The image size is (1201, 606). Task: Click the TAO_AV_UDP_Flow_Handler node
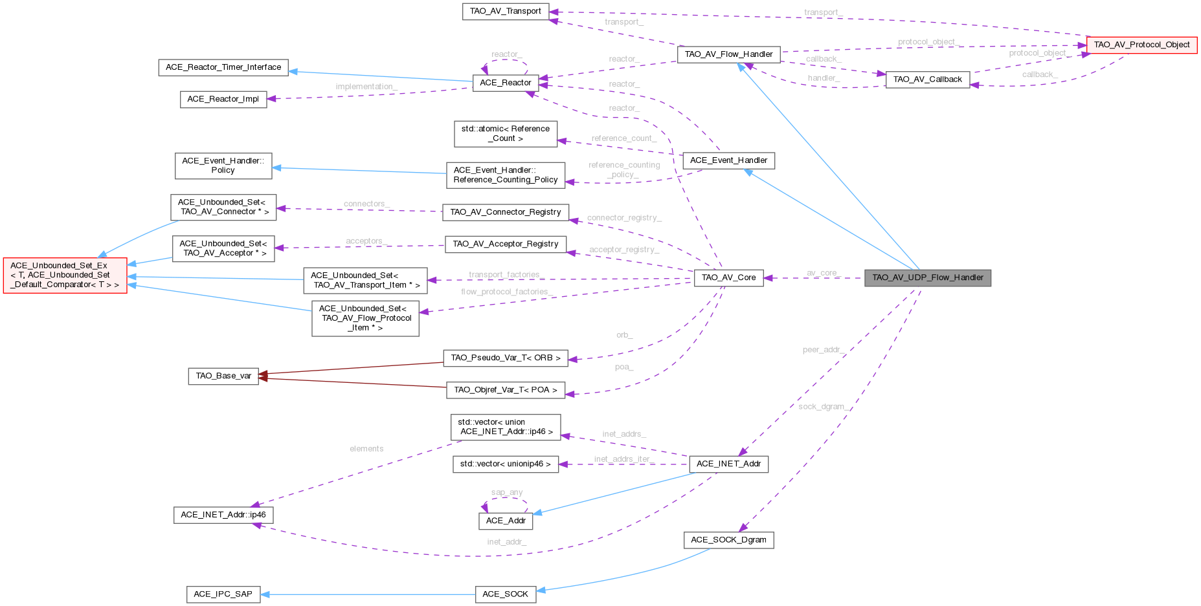tap(927, 278)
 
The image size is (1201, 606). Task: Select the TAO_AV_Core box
tap(728, 278)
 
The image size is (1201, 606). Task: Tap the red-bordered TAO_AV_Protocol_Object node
tap(1141, 45)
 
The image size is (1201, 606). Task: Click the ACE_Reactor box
tap(505, 83)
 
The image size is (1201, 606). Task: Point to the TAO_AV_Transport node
tap(505, 12)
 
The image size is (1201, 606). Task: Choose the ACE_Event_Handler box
tap(728, 160)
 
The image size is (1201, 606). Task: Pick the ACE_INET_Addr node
tap(728, 464)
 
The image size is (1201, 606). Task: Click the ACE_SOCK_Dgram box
tap(728, 540)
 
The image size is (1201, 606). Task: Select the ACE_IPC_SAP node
tap(223, 594)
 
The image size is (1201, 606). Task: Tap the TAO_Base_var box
tap(223, 376)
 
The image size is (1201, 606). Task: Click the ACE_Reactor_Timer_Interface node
tap(223, 67)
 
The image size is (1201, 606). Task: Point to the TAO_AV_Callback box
tap(927, 80)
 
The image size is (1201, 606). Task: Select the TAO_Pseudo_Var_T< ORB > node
tap(506, 358)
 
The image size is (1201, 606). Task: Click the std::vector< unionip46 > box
tap(505, 464)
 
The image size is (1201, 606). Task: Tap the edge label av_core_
tap(822, 273)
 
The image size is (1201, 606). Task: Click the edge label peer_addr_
tap(822, 350)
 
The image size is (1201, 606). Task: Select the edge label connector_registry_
tap(624, 218)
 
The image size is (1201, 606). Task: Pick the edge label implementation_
tap(366, 87)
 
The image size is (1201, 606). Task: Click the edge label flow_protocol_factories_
tap(507, 292)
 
